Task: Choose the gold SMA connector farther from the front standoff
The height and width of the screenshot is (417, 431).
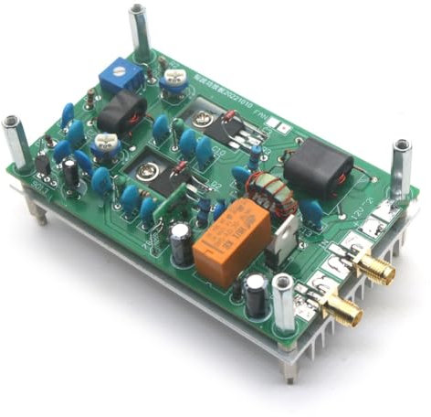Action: (x=373, y=269)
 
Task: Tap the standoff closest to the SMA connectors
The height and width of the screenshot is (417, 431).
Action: (x=285, y=306)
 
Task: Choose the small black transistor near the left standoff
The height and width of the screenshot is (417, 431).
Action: (x=42, y=164)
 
